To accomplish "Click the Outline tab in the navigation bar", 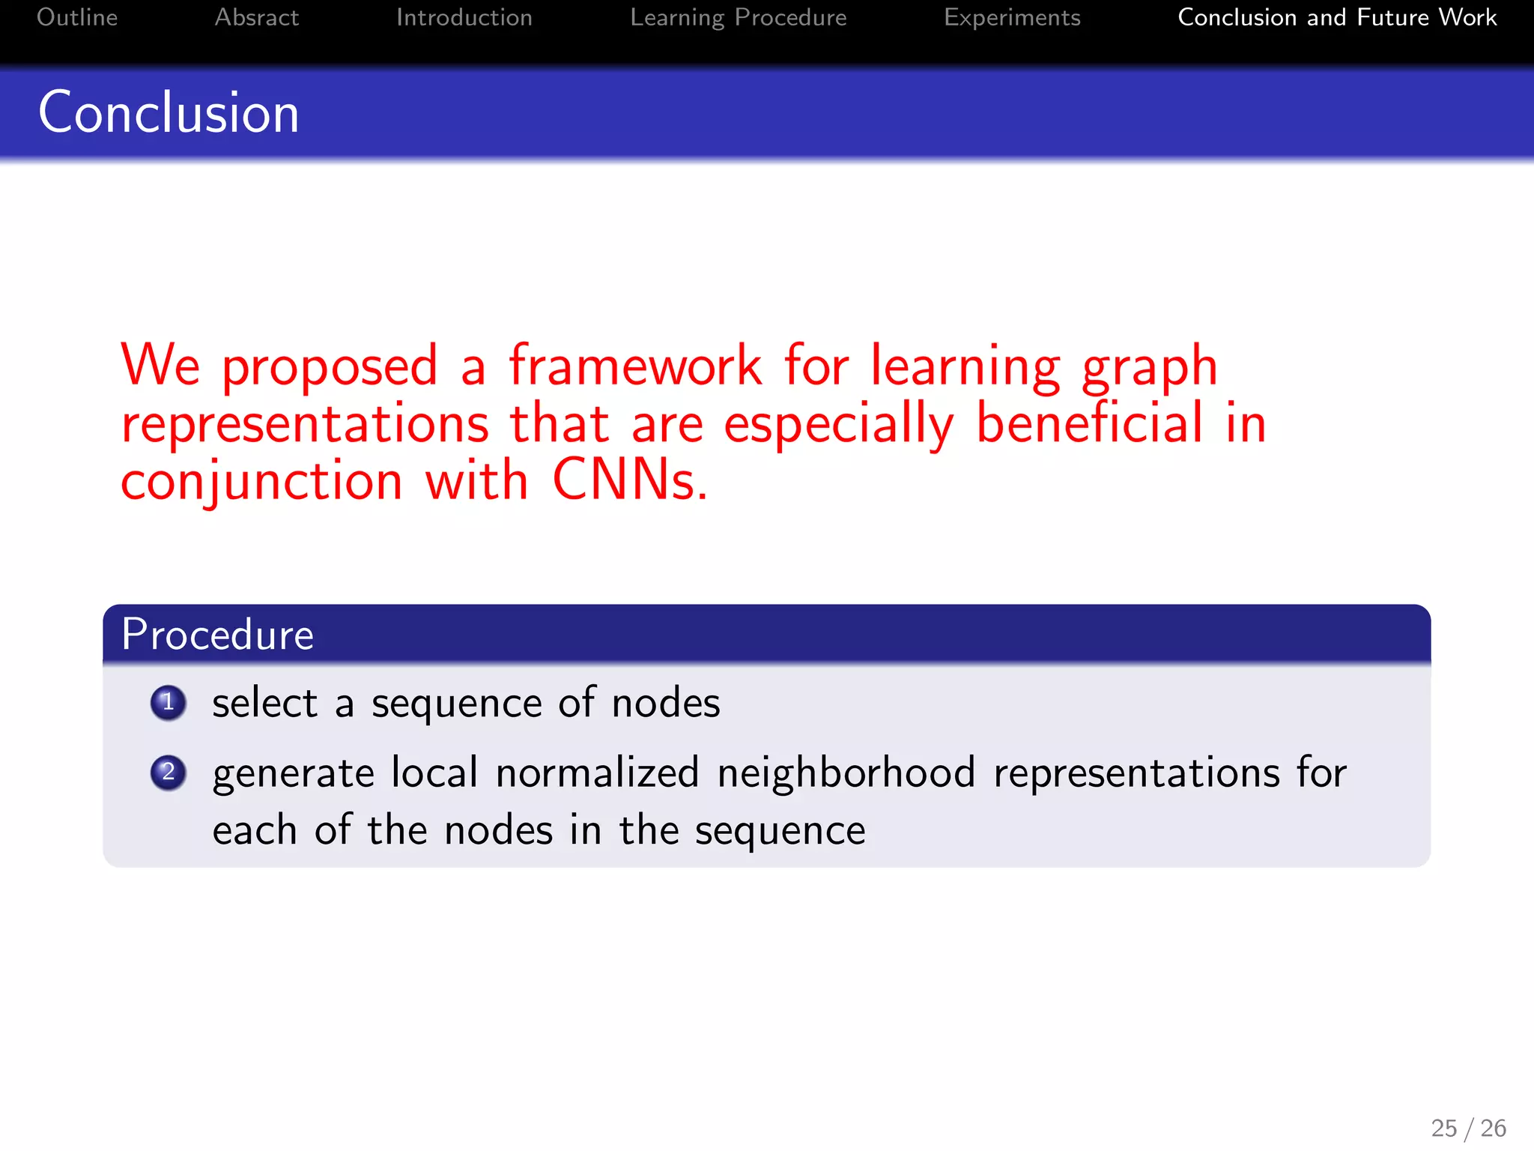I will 77,17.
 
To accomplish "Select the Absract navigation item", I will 256,17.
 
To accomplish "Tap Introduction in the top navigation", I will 464,17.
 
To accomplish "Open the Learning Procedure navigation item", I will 738,17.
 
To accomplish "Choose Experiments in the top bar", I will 1012,17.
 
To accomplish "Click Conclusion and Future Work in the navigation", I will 1337,17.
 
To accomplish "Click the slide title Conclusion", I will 169,112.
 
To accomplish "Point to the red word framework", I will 635,366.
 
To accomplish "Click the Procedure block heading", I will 217,635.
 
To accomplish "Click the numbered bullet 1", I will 168,703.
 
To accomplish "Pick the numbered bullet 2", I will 168,772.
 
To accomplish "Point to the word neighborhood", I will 846,773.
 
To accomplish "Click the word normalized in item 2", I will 597,773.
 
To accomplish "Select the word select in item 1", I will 265,704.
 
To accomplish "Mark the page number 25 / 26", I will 1468,1128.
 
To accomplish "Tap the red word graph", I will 1150,367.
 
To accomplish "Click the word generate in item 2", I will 292,774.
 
